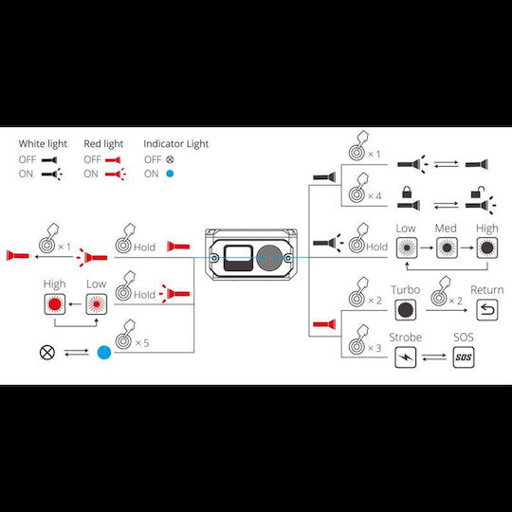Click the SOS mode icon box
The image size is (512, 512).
[x=464, y=357]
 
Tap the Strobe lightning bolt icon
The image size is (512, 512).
[x=405, y=357]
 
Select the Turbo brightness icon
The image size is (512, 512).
[x=405, y=310]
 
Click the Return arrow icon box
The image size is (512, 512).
[x=487, y=310]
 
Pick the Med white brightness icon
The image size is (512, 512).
[x=447, y=247]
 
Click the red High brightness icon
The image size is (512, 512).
[x=55, y=304]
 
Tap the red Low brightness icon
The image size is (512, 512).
[x=97, y=304]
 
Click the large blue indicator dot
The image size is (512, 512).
[x=104, y=353]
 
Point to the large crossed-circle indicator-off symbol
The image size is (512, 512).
[x=47, y=353]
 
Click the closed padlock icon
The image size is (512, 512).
[x=407, y=192]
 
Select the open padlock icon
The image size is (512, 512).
[x=478, y=192]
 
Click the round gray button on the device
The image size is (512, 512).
[x=269, y=258]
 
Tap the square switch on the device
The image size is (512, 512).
[x=238, y=258]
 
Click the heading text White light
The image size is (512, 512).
[x=43, y=144]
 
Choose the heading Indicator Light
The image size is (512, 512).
[x=176, y=144]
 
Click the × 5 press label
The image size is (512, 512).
[x=142, y=343]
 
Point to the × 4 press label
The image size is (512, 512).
[x=375, y=196]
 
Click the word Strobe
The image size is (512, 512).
[x=405, y=337]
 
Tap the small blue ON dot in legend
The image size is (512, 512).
[x=170, y=174]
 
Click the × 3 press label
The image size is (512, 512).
[x=375, y=348]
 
